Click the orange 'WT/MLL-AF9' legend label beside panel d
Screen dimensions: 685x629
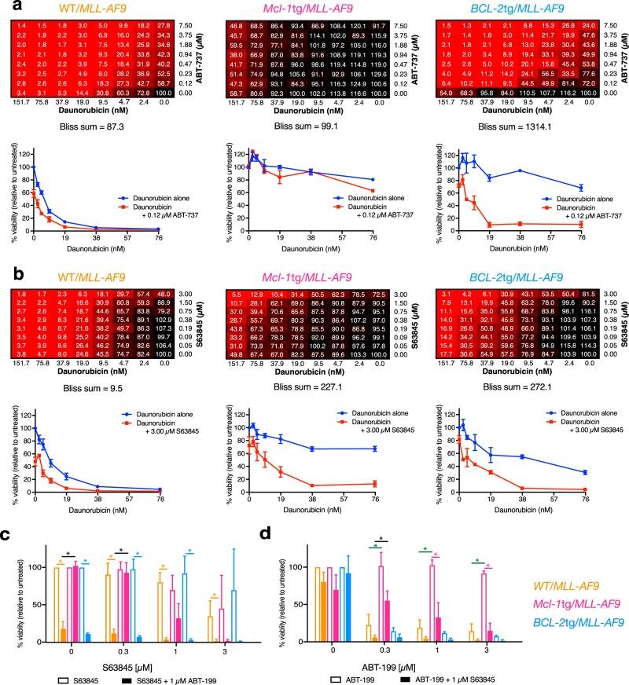coord(576,584)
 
